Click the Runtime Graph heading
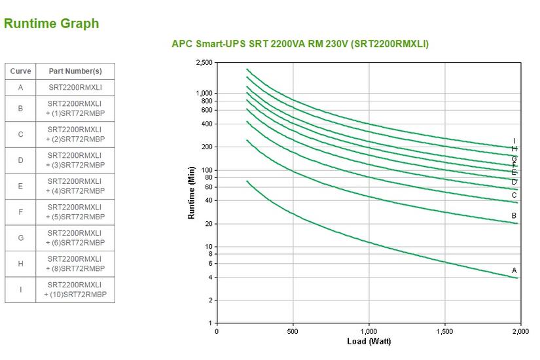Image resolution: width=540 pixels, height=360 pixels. [x=51, y=24]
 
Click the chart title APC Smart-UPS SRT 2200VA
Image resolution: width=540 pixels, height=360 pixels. [x=300, y=44]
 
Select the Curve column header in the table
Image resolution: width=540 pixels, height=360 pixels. [x=20, y=71]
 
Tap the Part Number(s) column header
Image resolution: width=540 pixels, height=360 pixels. [x=75, y=71]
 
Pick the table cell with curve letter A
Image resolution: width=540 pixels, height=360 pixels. [x=20, y=87]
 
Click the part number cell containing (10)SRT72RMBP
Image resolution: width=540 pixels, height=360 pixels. [x=75, y=290]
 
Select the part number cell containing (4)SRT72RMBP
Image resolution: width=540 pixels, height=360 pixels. [x=75, y=187]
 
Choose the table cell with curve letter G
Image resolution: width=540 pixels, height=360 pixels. [x=20, y=238]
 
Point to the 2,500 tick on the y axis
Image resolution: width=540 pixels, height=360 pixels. [x=204, y=63]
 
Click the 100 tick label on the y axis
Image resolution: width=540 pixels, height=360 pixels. [x=207, y=170]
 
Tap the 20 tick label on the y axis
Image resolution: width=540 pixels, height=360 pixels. [x=208, y=224]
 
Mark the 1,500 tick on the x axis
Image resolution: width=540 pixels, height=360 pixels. [x=444, y=332]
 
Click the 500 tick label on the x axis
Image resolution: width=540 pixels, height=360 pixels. [x=293, y=332]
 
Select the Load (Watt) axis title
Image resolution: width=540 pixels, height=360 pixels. [x=369, y=342]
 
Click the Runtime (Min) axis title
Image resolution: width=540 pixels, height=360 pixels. [x=191, y=192]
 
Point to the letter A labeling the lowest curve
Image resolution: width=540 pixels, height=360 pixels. [x=514, y=270]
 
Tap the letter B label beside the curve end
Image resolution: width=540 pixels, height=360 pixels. [x=514, y=216]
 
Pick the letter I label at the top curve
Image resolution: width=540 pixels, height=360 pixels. [x=514, y=141]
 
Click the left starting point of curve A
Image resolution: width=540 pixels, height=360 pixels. [x=247, y=181]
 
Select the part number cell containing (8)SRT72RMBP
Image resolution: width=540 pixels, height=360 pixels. [x=75, y=264]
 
